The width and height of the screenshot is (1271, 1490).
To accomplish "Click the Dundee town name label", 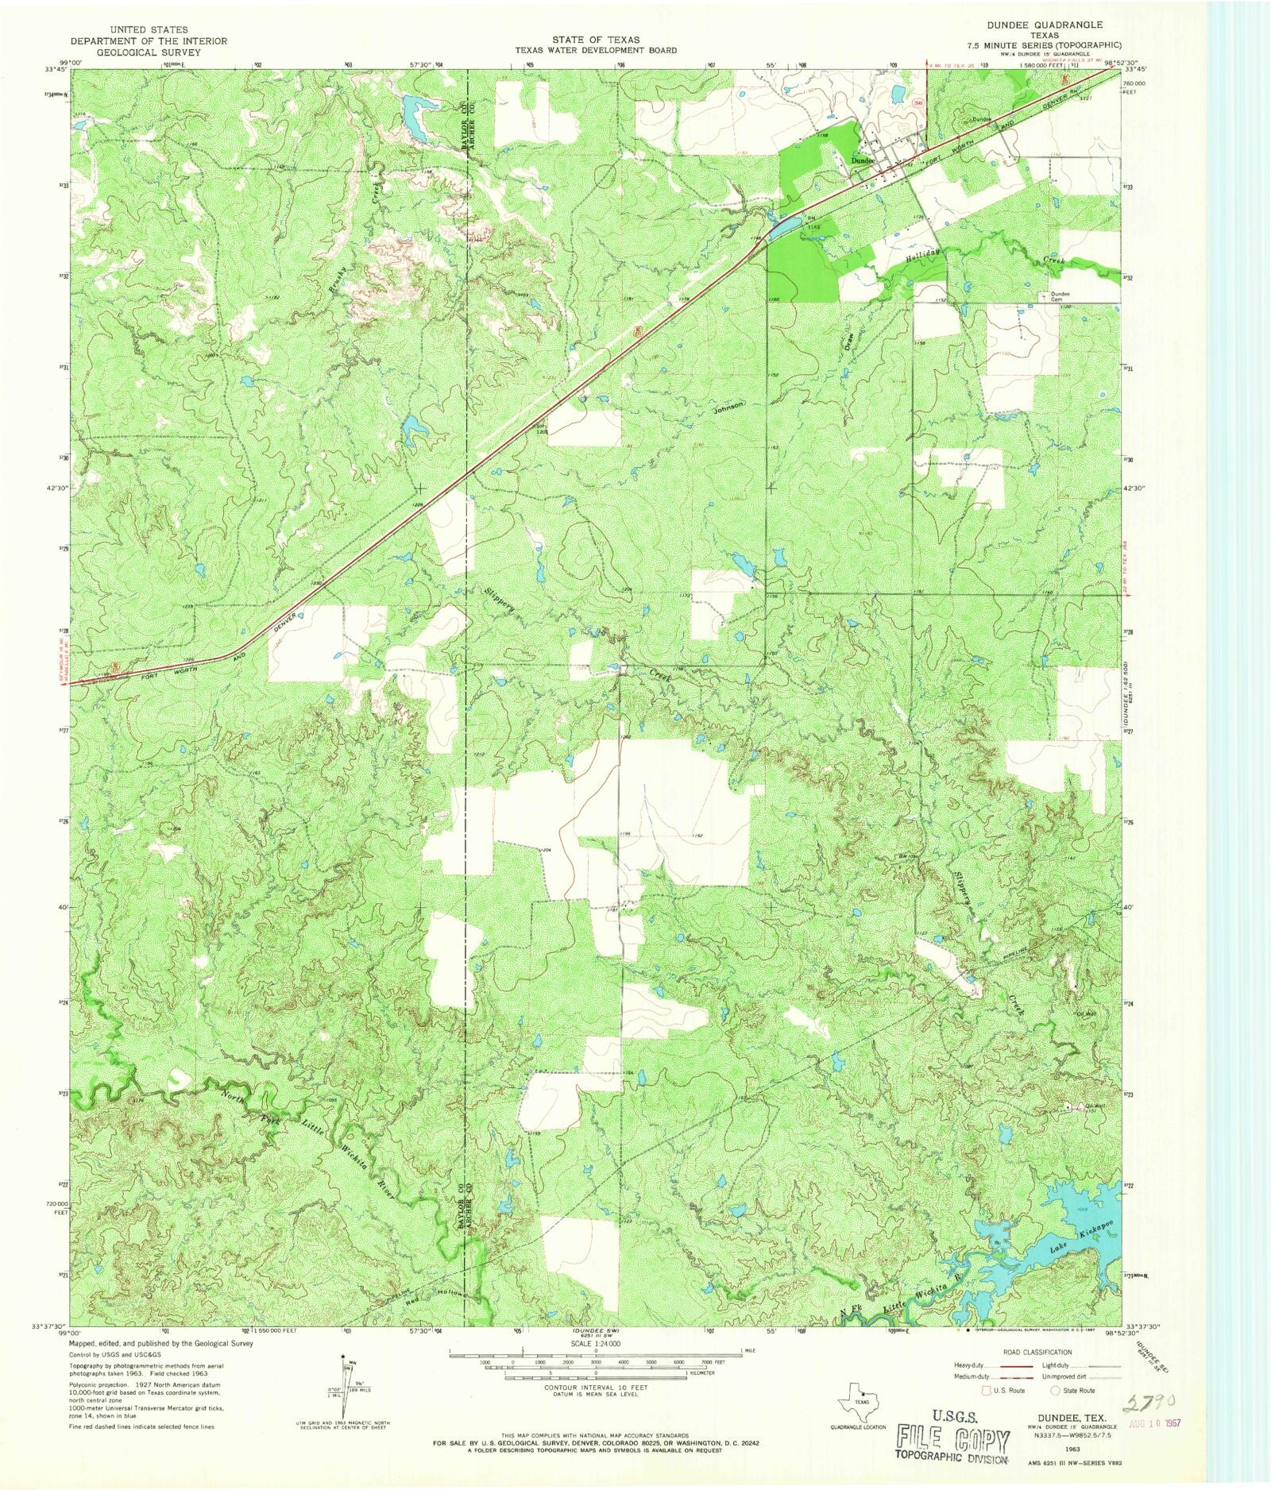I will coord(862,161).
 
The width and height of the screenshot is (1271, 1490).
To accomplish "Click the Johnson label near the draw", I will coord(728,405).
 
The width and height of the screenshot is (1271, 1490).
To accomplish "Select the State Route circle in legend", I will coord(1056,1390).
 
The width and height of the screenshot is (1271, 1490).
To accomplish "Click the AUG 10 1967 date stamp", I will coord(1152,1421).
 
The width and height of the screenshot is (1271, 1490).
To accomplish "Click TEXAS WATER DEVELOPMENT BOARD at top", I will coord(595,50).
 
